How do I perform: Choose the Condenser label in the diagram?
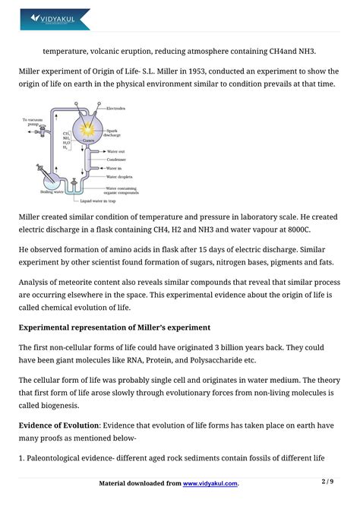point(116,160)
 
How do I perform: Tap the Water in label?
point(115,168)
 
